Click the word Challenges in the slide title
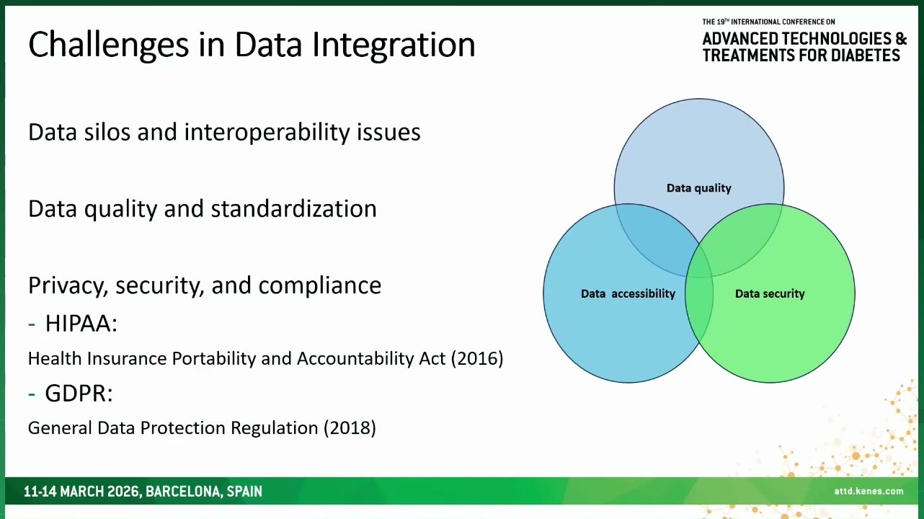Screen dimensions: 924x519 (109, 45)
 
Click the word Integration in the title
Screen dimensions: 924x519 (394, 45)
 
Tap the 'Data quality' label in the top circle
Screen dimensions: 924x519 (699, 188)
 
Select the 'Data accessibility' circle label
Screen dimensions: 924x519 (628, 294)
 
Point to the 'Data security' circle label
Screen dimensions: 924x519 (770, 294)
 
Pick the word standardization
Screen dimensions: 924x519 (293, 208)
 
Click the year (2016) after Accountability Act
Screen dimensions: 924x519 (477, 358)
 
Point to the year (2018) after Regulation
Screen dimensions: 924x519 (350, 428)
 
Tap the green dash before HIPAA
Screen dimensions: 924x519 (32, 324)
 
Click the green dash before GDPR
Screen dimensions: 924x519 (32, 394)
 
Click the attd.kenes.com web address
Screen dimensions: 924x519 (869, 491)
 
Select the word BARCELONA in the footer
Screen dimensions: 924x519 (183, 492)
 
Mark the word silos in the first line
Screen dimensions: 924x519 (107, 132)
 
